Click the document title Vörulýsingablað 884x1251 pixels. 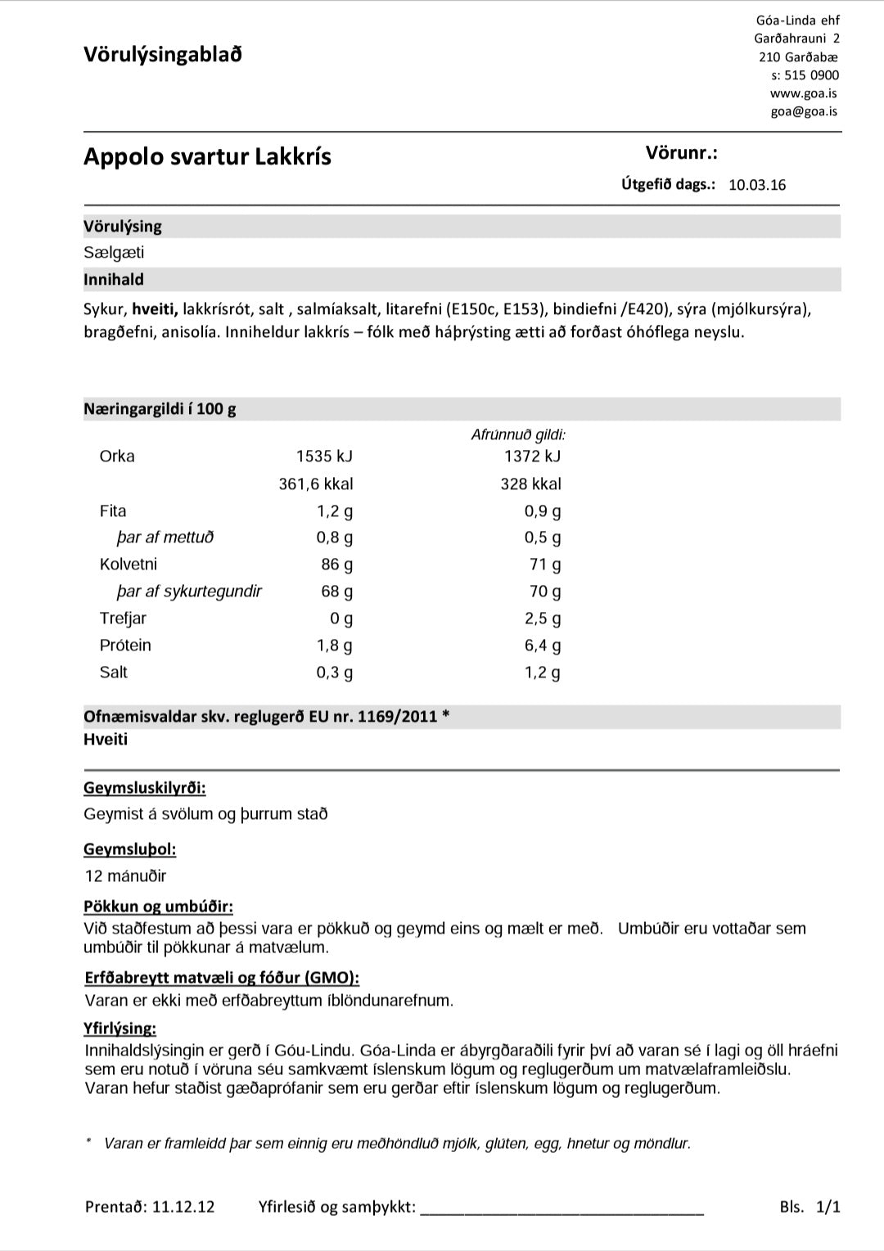(162, 55)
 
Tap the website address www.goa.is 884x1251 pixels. (803, 93)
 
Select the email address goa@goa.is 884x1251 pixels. (803, 111)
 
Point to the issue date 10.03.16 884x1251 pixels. (756, 185)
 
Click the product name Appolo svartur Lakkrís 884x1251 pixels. (207, 156)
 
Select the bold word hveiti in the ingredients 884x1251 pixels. (155, 309)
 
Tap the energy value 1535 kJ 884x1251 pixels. (324, 457)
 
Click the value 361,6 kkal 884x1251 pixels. (316, 484)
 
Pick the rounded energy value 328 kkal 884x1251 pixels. (530, 484)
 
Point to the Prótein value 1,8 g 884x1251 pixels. (335, 646)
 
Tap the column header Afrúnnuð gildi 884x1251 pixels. (518, 435)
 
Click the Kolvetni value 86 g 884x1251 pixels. (336, 565)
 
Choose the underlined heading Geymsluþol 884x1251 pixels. (129, 849)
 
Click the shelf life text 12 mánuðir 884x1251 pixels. (125, 876)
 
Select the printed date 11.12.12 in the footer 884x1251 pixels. (183, 1207)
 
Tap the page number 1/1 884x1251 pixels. (828, 1207)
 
